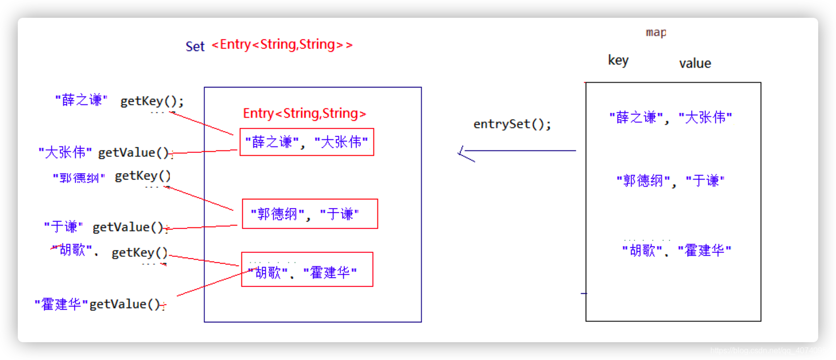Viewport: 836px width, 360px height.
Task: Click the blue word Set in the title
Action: click(x=195, y=46)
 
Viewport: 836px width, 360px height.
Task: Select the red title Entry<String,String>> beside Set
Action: click(x=282, y=45)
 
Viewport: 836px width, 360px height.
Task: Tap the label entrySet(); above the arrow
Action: click(x=512, y=124)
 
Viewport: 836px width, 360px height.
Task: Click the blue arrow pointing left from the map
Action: click(x=517, y=151)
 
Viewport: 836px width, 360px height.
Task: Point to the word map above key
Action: click(x=656, y=33)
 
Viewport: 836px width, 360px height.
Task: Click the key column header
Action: click(x=618, y=60)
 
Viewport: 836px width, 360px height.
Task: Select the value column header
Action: click(x=695, y=63)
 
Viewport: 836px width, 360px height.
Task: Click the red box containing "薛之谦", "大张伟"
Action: click(x=307, y=142)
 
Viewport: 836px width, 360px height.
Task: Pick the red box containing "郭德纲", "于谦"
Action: click(x=310, y=214)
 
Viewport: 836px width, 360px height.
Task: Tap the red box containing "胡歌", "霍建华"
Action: click(x=307, y=270)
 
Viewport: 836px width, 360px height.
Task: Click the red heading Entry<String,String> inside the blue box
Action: click(x=304, y=114)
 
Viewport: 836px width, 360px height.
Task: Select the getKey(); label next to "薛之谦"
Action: click(x=152, y=101)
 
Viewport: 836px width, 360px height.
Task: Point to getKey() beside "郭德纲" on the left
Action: click(x=143, y=176)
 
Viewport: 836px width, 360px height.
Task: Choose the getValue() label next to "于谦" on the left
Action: click(x=128, y=227)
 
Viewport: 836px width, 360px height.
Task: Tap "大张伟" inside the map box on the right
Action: click(x=705, y=118)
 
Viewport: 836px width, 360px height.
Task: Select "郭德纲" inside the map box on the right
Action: click(x=643, y=181)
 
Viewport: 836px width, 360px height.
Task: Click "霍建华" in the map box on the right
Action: click(x=704, y=251)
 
